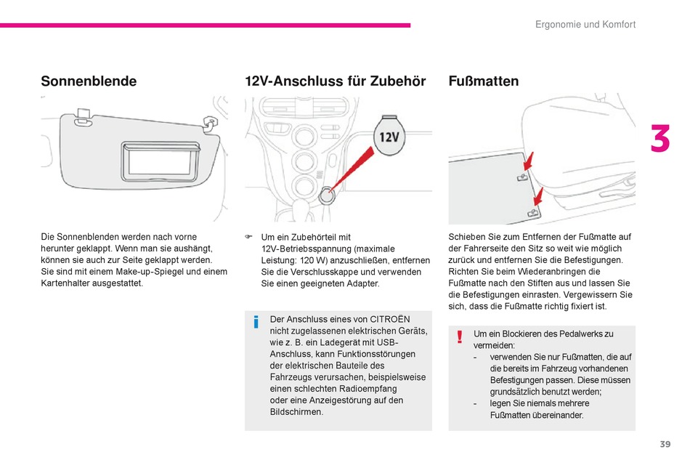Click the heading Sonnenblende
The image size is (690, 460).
pyautogui.click(x=89, y=81)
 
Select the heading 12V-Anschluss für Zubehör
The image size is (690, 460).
pyautogui.click(x=335, y=81)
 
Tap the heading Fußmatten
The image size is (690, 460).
pyautogui.click(x=484, y=81)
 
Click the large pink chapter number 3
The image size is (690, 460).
pyautogui.click(x=659, y=140)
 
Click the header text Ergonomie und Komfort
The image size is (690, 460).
pyautogui.click(x=585, y=25)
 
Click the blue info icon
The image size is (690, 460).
pyautogui.click(x=256, y=322)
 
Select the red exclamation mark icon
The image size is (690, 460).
pyautogui.click(x=460, y=337)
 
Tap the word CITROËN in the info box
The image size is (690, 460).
pyautogui.click(x=390, y=319)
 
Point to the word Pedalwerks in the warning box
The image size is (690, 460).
pyautogui.click(x=577, y=334)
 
